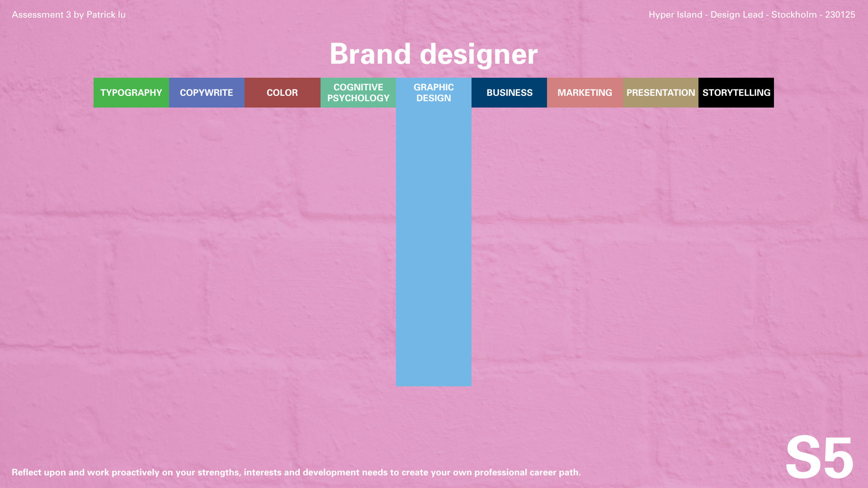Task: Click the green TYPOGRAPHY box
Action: coord(131,93)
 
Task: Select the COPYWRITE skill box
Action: coord(207,93)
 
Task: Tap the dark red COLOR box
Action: coord(283,93)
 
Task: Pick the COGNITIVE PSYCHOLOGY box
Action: coord(358,93)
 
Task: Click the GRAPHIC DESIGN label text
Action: coord(434,93)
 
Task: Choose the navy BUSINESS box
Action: coord(509,93)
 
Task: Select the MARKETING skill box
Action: coord(585,93)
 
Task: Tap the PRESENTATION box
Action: coord(660,93)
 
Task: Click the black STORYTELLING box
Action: coord(736,93)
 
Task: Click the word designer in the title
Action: coord(479,55)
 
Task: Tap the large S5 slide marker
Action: coord(819,457)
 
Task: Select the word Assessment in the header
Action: coord(38,14)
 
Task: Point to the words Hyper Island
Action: coord(675,14)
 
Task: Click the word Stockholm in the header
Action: coord(794,14)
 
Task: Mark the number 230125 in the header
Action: coord(840,14)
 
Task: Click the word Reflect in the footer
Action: coord(27,472)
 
